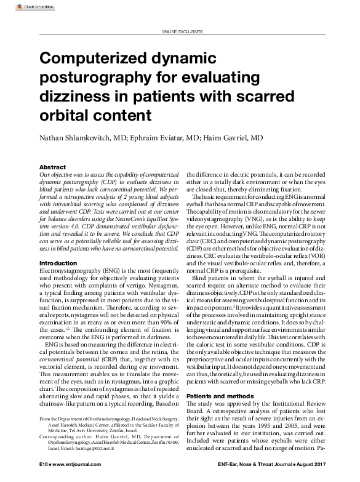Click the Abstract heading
53,167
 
